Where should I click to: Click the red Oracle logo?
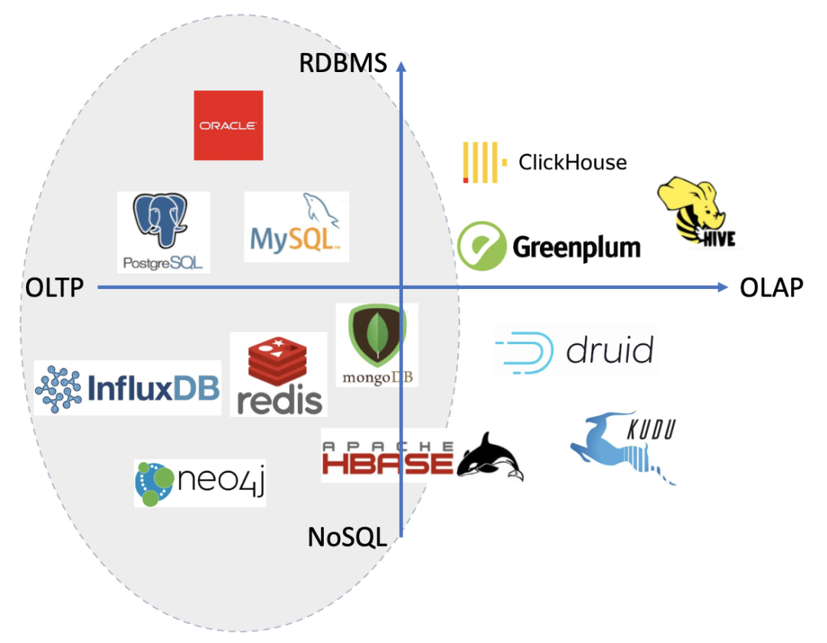tap(228, 125)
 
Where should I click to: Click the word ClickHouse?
tap(572, 162)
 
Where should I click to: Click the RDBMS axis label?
tap(343, 63)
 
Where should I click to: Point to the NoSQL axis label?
tap(347, 536)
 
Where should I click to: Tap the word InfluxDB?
tap(154, 388)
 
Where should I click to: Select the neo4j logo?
tap(200, 484)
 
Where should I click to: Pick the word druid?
tap(610, 351)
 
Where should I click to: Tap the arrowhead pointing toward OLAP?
tap(721, 287)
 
